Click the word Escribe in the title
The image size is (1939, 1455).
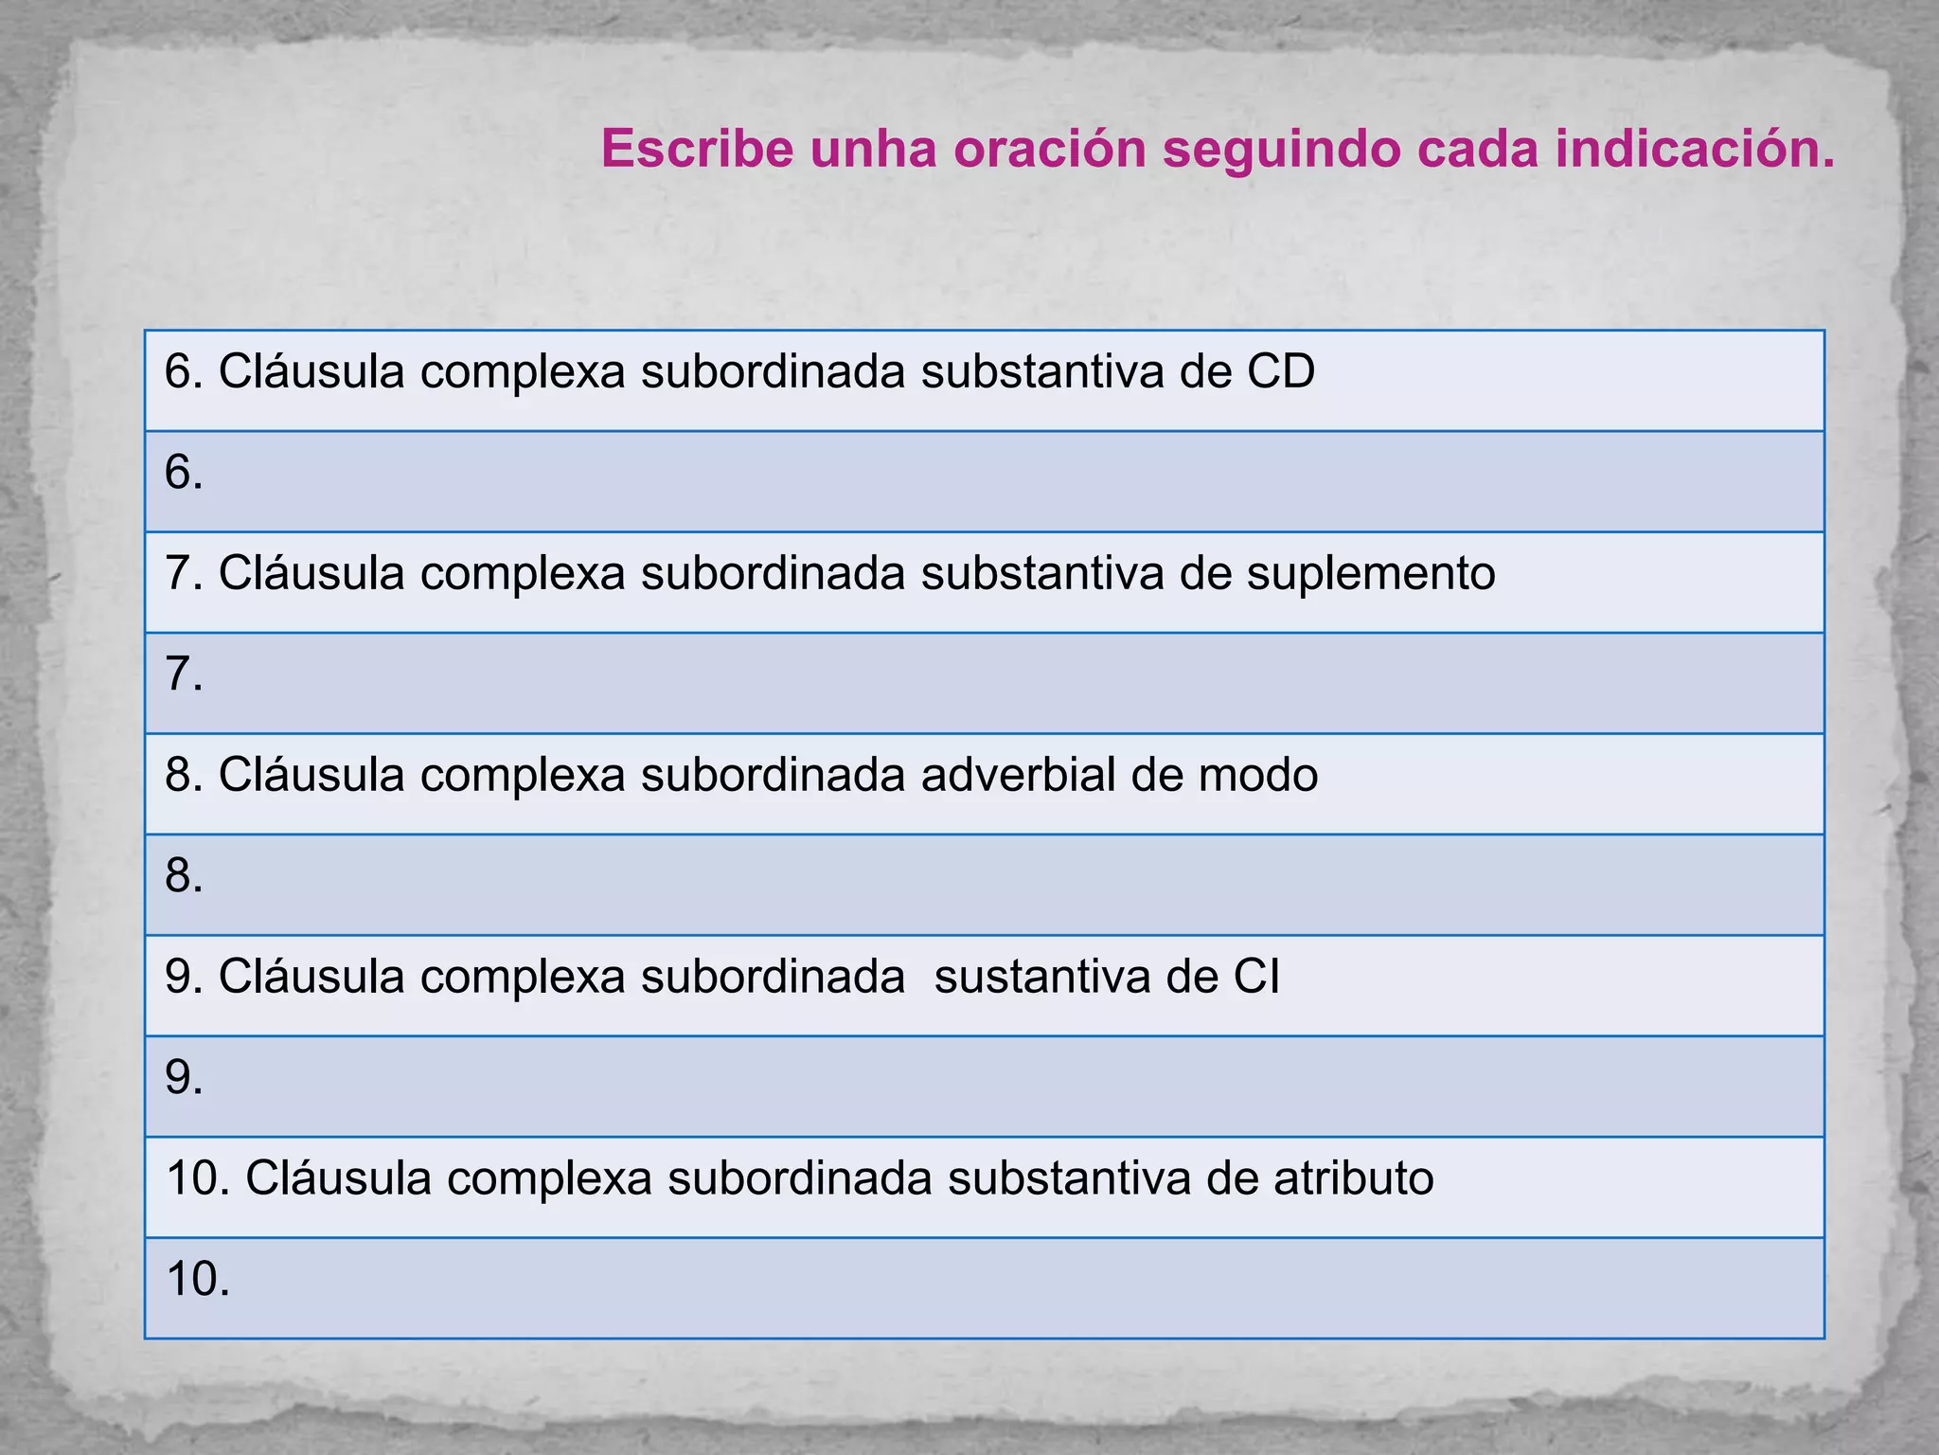pos(697,149)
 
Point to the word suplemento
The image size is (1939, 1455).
pos(1370,574)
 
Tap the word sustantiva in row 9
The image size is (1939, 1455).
pos(1041,977)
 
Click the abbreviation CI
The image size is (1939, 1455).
pos(1255,977)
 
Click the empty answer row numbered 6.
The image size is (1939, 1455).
pos(985,481)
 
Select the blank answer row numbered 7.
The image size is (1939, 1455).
pos(985,683)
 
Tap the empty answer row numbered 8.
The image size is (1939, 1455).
pos(985,885)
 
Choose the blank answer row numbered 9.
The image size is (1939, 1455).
pos(985,1087)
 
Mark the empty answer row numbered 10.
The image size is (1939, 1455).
pos(985,1288)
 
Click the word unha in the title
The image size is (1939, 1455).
pos(873,149)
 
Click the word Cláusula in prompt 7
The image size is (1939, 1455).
pos(311,574)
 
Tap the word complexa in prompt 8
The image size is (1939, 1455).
pos(523,775)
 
